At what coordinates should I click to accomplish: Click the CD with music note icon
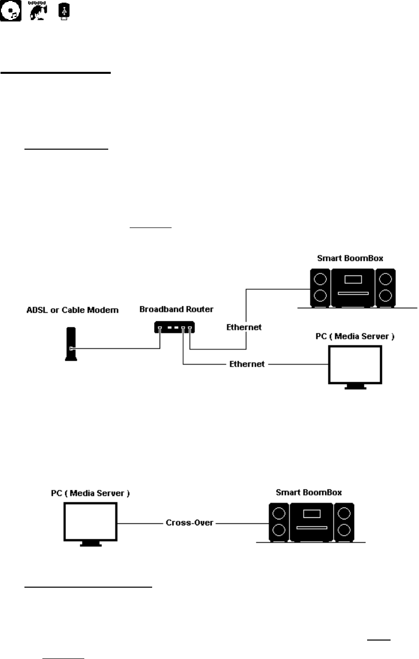pyautogui.click(x=10, y=11)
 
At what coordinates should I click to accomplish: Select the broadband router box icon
pyautogui.click(x=175, y=327)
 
